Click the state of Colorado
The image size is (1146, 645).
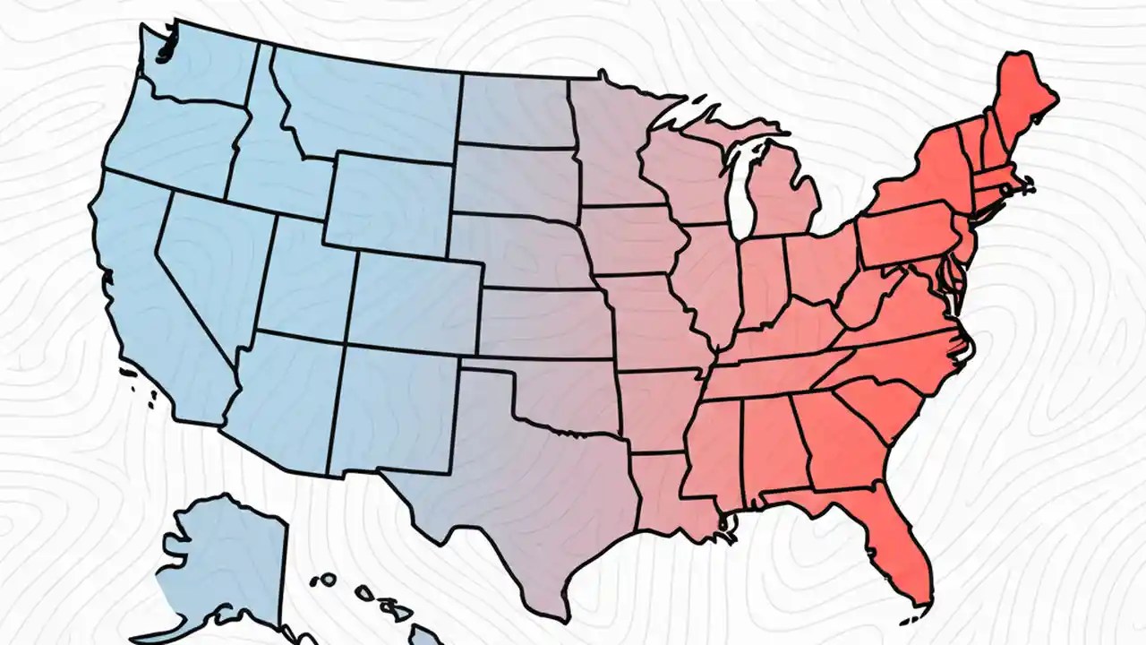416,300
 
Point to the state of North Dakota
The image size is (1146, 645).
515,112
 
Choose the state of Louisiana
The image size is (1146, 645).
663,493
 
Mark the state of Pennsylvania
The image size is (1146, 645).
904,233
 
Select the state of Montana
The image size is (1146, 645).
367,103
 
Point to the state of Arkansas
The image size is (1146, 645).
658,408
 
